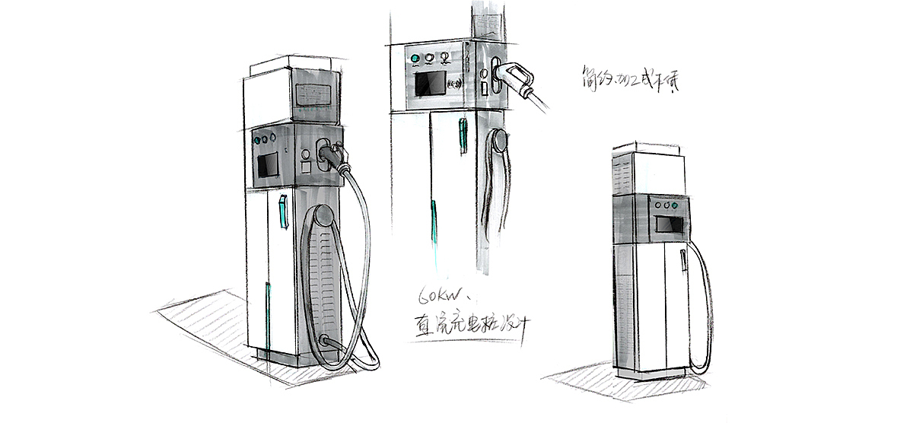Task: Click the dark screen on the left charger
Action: tap(267, 165)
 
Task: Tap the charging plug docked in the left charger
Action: tap(333, 155)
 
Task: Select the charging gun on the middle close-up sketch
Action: tap(517, 76)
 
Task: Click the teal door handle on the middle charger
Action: tap(462, 135)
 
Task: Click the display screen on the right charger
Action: tap(670, 225)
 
